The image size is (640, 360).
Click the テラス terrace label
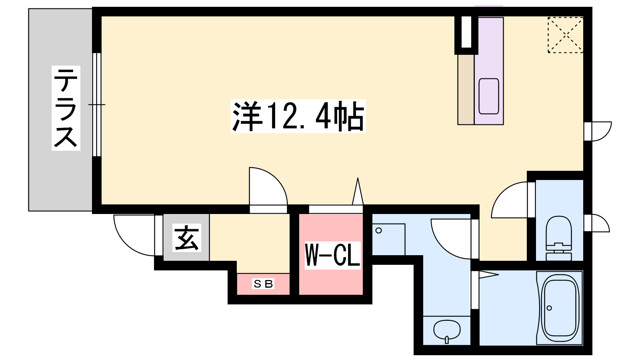[66, 108]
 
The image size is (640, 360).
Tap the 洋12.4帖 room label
[298, 116]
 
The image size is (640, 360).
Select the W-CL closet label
[332, 255]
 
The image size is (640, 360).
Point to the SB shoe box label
[263, 284]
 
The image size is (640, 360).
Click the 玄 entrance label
[186, 238]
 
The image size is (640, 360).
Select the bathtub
[560, 308]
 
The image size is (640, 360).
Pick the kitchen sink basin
[489, 96]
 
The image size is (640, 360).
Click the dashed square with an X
[566, 35]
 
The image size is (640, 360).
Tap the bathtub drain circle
[549, 308]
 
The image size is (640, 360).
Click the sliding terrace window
[97, 104]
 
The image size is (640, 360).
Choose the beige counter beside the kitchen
[466, 90]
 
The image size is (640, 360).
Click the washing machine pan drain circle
[379, 230]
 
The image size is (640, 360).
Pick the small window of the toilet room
[588, 223]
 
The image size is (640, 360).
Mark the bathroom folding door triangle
[489, 275]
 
